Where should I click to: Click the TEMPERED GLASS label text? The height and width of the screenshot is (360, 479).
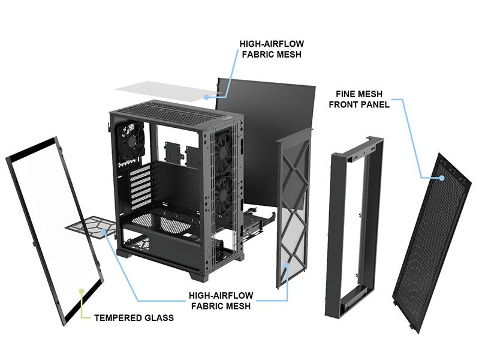click(134, 317)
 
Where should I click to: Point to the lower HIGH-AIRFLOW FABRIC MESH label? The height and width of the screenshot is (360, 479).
click(221, 301)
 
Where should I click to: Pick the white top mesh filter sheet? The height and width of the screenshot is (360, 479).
click(162, 91)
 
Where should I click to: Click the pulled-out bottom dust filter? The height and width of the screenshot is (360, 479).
click(90, 229)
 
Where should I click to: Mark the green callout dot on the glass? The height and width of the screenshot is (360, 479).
click(82, 291)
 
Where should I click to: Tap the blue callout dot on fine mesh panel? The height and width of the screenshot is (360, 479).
click(441, 177)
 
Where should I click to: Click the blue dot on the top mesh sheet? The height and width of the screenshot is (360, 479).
click(206, 95)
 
